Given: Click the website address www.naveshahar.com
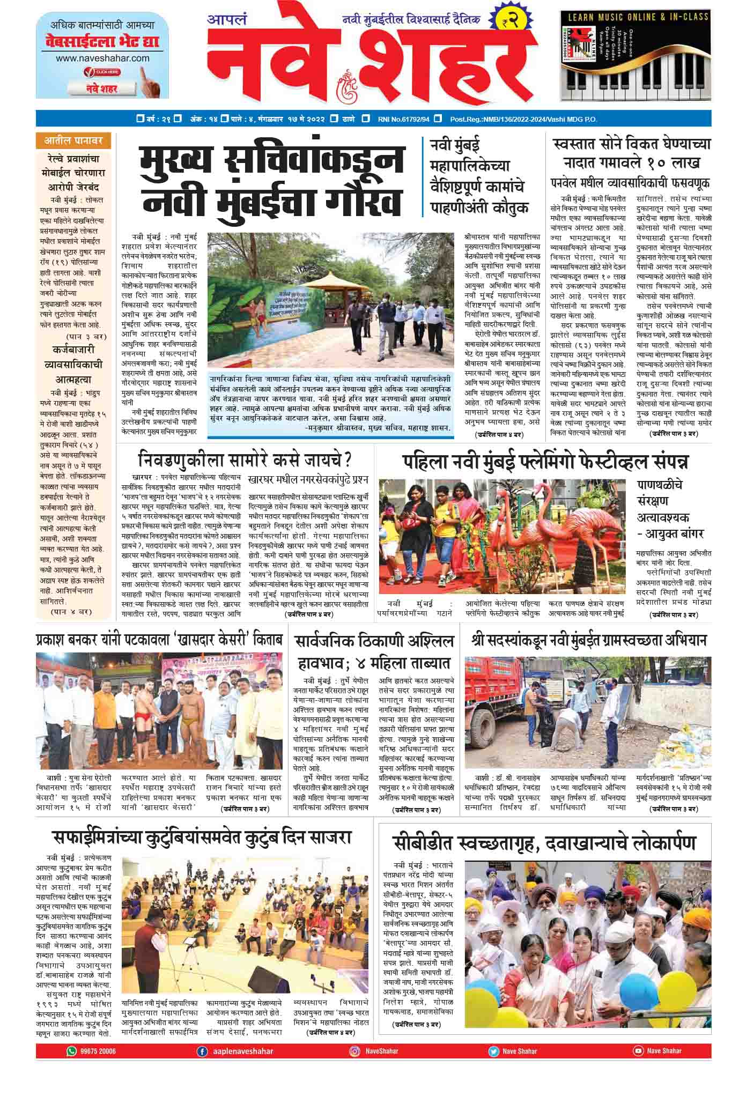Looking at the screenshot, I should click(102, 58).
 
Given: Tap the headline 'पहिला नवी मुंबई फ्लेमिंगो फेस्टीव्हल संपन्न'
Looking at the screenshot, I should click(545, 461).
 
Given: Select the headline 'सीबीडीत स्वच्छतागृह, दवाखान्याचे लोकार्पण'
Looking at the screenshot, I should click(544, 842).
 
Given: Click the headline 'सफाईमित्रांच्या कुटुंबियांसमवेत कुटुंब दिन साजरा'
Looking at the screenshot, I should click(202, 837).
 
